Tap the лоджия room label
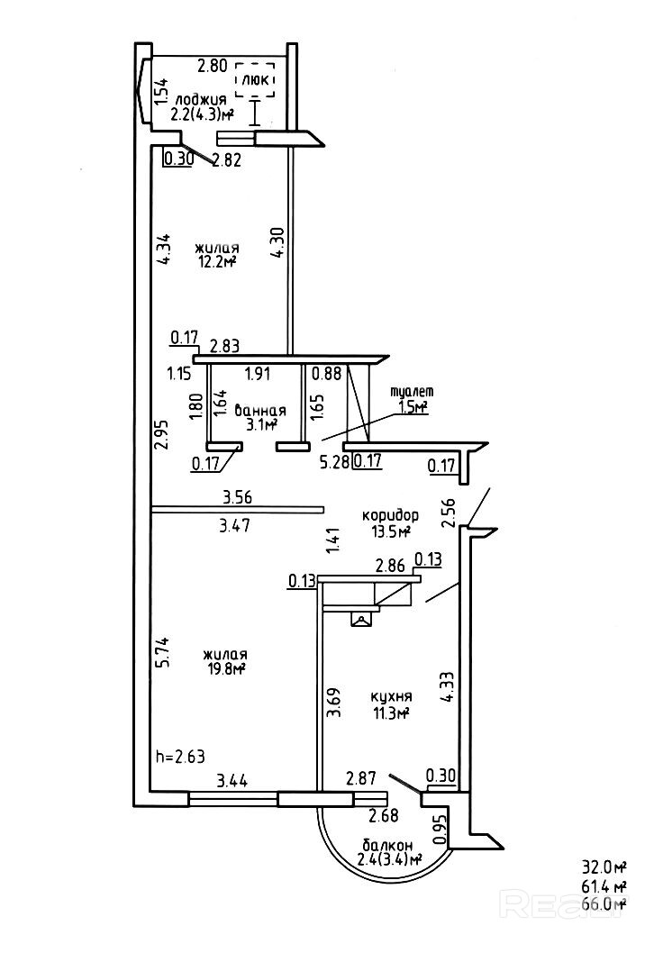[x=201, y=100]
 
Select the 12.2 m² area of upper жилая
[x=217, y=262]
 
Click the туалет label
[x=412, y=392]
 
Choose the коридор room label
[x=390, y=515]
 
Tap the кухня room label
[x=391, y=697]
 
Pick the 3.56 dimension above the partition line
[x=236, y=495]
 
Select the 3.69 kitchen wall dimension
[x=333, y=702]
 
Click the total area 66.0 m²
[x=604, y=903]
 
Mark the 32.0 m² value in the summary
[x=604, y=868]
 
